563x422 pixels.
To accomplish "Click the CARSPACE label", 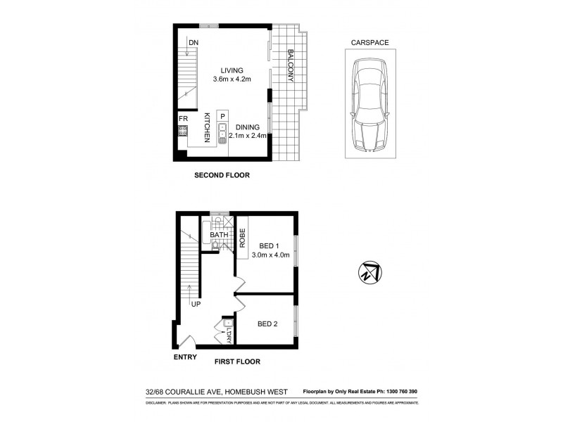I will click(369, 43).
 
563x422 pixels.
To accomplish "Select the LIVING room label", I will click(231, 70).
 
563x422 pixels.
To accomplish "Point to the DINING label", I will click(248, 127).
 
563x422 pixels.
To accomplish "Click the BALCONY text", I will click(290, 65).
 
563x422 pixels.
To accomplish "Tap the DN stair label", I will click(193, 44).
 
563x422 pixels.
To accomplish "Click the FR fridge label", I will click(182, 120).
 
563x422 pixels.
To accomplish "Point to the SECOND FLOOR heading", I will click(222, 174).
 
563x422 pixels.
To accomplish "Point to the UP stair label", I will click(196, 305).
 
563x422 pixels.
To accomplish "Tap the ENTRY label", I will click(184, 357).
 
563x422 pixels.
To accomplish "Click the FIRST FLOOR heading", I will click(237, 362).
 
